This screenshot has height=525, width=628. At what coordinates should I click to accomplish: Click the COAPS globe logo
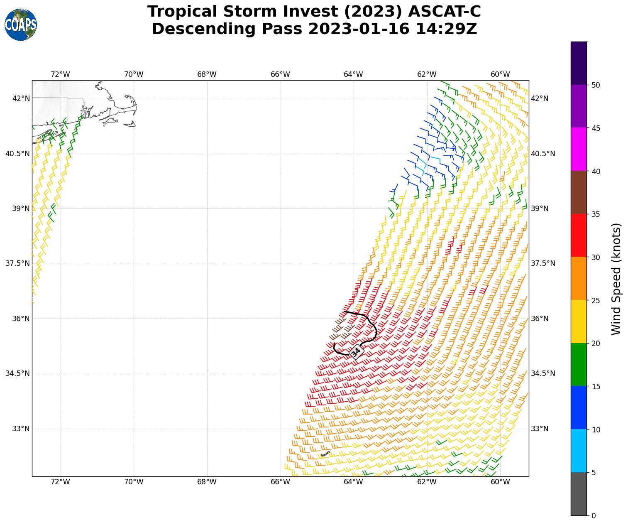coord(21,25)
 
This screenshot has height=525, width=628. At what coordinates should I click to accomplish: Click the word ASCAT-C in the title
coord(444,12)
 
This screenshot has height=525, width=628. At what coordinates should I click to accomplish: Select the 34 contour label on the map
coord(356,352)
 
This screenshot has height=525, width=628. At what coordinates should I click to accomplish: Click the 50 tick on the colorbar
coord(596,85)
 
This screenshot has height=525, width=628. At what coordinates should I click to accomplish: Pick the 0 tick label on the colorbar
coord(594,516)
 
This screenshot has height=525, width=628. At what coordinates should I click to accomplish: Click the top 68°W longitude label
coord(207,74)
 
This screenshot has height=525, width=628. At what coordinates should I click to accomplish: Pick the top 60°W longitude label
coord(500,74)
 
